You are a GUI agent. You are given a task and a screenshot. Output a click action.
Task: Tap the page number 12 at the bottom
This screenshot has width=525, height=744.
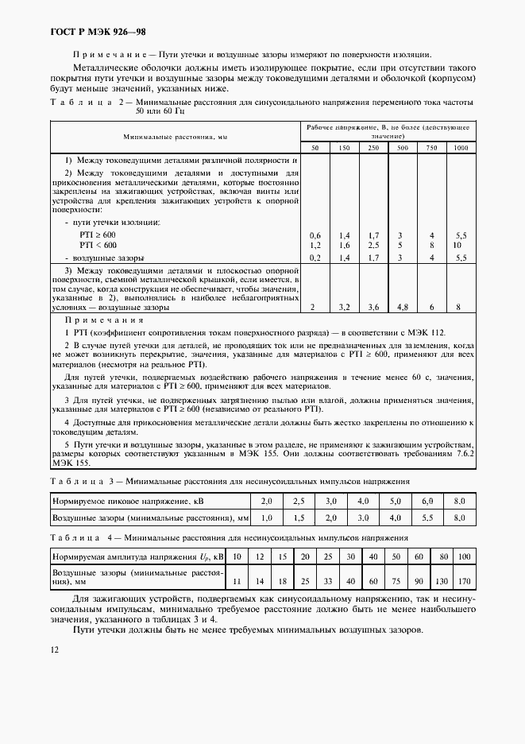click(x=55, y=649)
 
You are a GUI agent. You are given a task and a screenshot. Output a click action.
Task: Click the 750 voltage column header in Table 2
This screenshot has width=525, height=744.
click(x=432, y=148)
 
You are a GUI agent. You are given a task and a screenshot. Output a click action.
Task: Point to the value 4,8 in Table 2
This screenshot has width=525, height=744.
click(x=403, y=307)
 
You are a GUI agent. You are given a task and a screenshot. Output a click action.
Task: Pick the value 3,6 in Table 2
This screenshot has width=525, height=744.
click(x=373, y=307)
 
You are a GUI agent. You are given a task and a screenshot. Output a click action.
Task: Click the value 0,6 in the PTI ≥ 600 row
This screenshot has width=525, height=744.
click(x=315, y=236)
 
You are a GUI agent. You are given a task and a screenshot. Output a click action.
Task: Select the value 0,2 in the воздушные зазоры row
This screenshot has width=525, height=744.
click(x=315, y=258)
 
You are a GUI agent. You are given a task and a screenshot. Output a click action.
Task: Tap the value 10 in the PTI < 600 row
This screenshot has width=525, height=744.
click(x=458, y=246)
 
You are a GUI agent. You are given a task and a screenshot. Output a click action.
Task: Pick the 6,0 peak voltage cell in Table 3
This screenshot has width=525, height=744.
click(x=427, y=502)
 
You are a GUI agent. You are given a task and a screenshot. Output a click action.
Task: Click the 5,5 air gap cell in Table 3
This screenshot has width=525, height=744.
click(x=427, y=518)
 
